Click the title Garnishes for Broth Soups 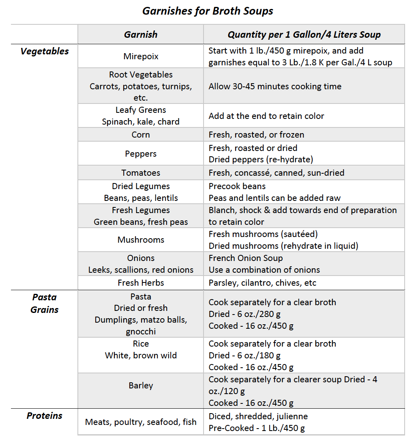[x=208, y=11]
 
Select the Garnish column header [x=141, y=34]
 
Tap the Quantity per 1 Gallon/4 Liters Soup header [x=304, y=34]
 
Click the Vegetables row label [x=45, y=52]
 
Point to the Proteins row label [x=45, y=416]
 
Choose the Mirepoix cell [x=141, y=56]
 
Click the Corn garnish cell [x=141, y=135]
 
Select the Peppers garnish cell [x=141, y=154]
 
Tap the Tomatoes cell [x=141, y=173]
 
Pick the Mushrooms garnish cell [x=141, y=240]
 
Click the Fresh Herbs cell [x=141, y=283]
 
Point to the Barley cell [x=141, y=385]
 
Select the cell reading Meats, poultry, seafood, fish [x=141, y=422]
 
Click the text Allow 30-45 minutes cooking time [x=275, y=86]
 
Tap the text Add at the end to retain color [x=266, y=116]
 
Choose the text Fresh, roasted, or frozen [x=256, y=135]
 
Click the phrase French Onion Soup [x=246, y=258]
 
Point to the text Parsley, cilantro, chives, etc [x=262, y=283]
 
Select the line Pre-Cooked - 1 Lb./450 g [x=257, y=428]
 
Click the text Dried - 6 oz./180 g [x=244, y=356]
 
